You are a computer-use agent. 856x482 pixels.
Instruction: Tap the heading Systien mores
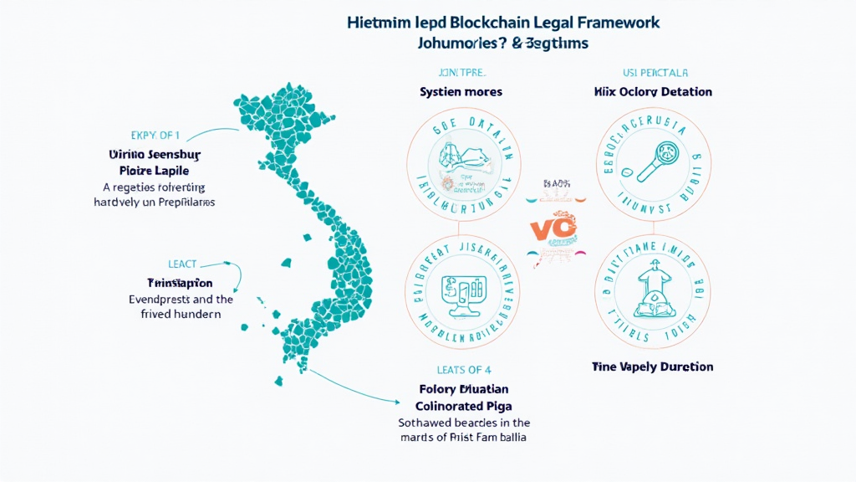[x=461, y=92]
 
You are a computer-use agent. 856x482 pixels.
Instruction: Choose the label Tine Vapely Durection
[x=652, y=367]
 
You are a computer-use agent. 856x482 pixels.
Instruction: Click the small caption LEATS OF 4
[x=463, y=369]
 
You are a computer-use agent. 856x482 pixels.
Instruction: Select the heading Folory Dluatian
[x=463, y=389]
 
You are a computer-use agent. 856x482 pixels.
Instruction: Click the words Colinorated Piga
[x=463, y=405]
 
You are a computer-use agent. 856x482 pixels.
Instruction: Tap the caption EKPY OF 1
[x=155, y=135]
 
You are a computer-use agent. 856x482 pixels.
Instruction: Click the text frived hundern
[x=181, y=315]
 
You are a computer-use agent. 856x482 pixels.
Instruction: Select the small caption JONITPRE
[x=461, y=72]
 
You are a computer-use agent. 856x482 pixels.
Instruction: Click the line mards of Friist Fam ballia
[x=463, y=438]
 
